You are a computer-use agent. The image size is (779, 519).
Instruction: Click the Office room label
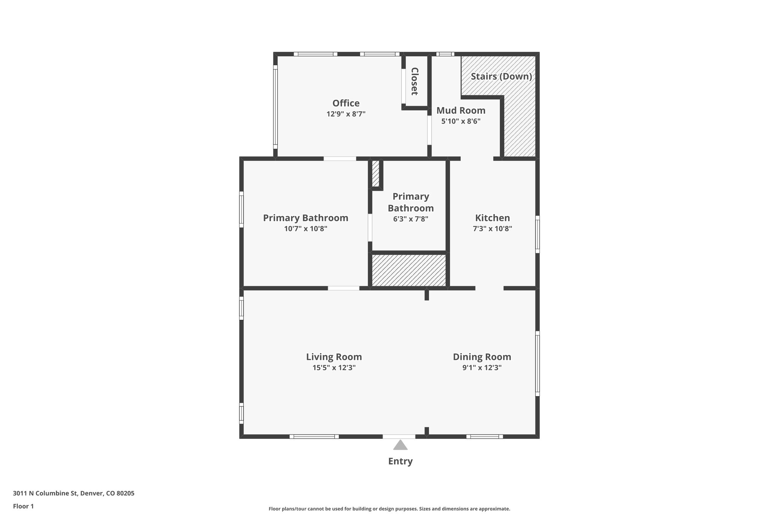click(346, 103)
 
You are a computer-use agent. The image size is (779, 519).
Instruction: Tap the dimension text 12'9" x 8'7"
click(346, 114)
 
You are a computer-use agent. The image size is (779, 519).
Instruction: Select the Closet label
click(415, 81)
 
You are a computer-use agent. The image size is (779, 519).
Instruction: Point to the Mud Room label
click(461, 111)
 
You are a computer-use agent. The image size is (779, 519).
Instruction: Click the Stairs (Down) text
click(501, 76)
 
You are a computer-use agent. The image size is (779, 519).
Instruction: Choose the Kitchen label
click(492, 218)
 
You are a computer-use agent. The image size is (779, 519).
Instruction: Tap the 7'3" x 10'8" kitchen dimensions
click(492, 229)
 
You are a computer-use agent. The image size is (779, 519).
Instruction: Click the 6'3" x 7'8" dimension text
click(410, 219)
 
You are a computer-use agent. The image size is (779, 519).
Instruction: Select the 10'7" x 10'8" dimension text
click(305, 229)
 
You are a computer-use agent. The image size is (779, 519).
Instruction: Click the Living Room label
click(334, 357)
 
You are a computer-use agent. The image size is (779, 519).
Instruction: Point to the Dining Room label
click(482, 357)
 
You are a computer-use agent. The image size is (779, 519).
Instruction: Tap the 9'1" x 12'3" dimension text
click(482, 368)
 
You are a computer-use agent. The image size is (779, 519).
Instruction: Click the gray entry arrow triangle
click(400, 445)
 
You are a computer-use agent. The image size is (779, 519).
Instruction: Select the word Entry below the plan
click(400, 461)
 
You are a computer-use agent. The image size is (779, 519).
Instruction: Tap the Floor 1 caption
click(23, 506)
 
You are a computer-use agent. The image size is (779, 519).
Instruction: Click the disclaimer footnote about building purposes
click(389, 509)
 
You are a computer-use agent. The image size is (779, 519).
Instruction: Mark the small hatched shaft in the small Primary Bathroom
click(375, 174)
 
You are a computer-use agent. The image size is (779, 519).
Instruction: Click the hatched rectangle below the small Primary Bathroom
click(409, 270)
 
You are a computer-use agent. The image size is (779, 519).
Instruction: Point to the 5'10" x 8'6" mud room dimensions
click(461, 121)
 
